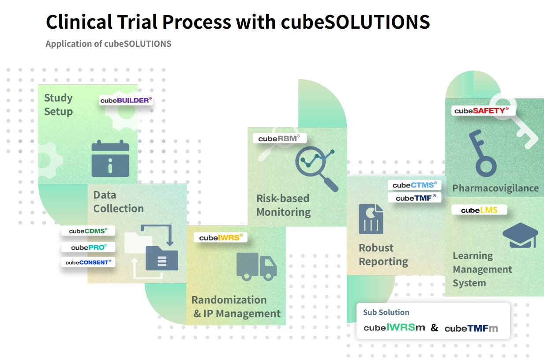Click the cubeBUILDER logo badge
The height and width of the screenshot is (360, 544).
tap(126, 100)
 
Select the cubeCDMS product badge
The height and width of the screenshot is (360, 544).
tap(88, 231)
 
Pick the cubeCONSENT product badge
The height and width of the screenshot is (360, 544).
tap(88, 262)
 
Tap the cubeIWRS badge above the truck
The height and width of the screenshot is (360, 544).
tap(221, 238)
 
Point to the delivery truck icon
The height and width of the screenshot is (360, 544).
tap(256, 266)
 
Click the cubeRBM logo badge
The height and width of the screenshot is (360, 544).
tap(279, 138)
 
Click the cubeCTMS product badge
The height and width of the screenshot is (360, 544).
tap(414, 185)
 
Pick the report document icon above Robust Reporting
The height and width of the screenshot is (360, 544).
tap(371, 219)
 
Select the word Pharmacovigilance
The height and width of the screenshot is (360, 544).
tap(495, 188)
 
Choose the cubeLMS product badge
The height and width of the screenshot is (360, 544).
tap(479, 210)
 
